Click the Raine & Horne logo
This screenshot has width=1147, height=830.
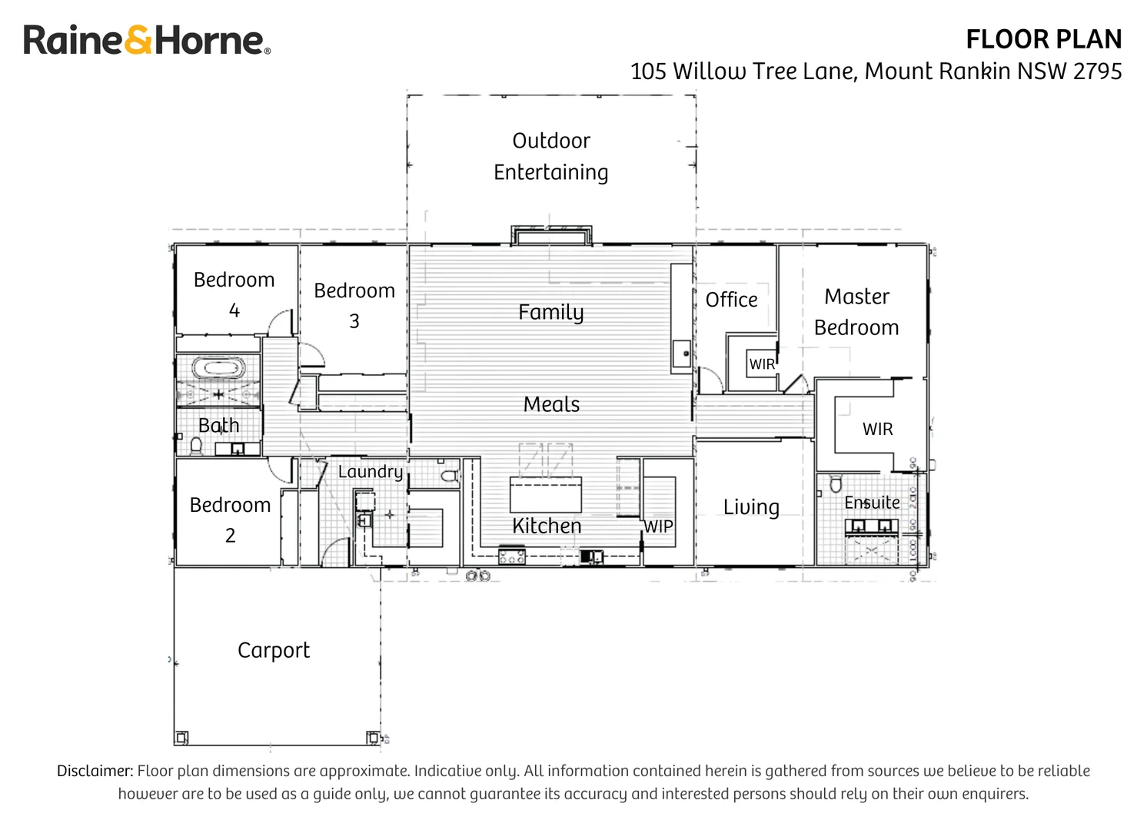[x=146, y=40]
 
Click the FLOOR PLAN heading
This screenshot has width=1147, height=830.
[x=1043, y=39]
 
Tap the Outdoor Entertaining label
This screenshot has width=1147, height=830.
[x=550, y=156]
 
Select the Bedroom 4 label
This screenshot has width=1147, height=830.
[x=234, y=294]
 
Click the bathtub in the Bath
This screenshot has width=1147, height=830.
[x=219, y=367]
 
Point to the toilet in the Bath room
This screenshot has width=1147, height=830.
[x=196, y=445]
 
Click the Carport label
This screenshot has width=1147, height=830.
[x=273, y=650]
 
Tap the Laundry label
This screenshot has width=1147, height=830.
[x=370, y=471]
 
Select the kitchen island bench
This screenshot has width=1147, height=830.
[x=546, y=494]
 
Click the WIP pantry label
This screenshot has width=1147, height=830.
[x=658, y=526]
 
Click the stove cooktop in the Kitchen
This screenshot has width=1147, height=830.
[x=512, y=556]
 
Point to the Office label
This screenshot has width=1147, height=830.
[x=731, y=300]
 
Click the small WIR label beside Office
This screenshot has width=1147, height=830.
[x=762, y=364]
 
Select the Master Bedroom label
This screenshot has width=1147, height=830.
[x=856, y=312]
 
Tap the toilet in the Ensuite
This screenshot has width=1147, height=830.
[x=836, y=484]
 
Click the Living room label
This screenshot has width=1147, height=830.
[x=751, y=507]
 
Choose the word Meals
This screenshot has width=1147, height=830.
[x=551, y=404]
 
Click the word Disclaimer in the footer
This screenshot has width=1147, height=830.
[x=95, y=771]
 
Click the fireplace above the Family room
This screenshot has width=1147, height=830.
[x=551, y=235]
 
